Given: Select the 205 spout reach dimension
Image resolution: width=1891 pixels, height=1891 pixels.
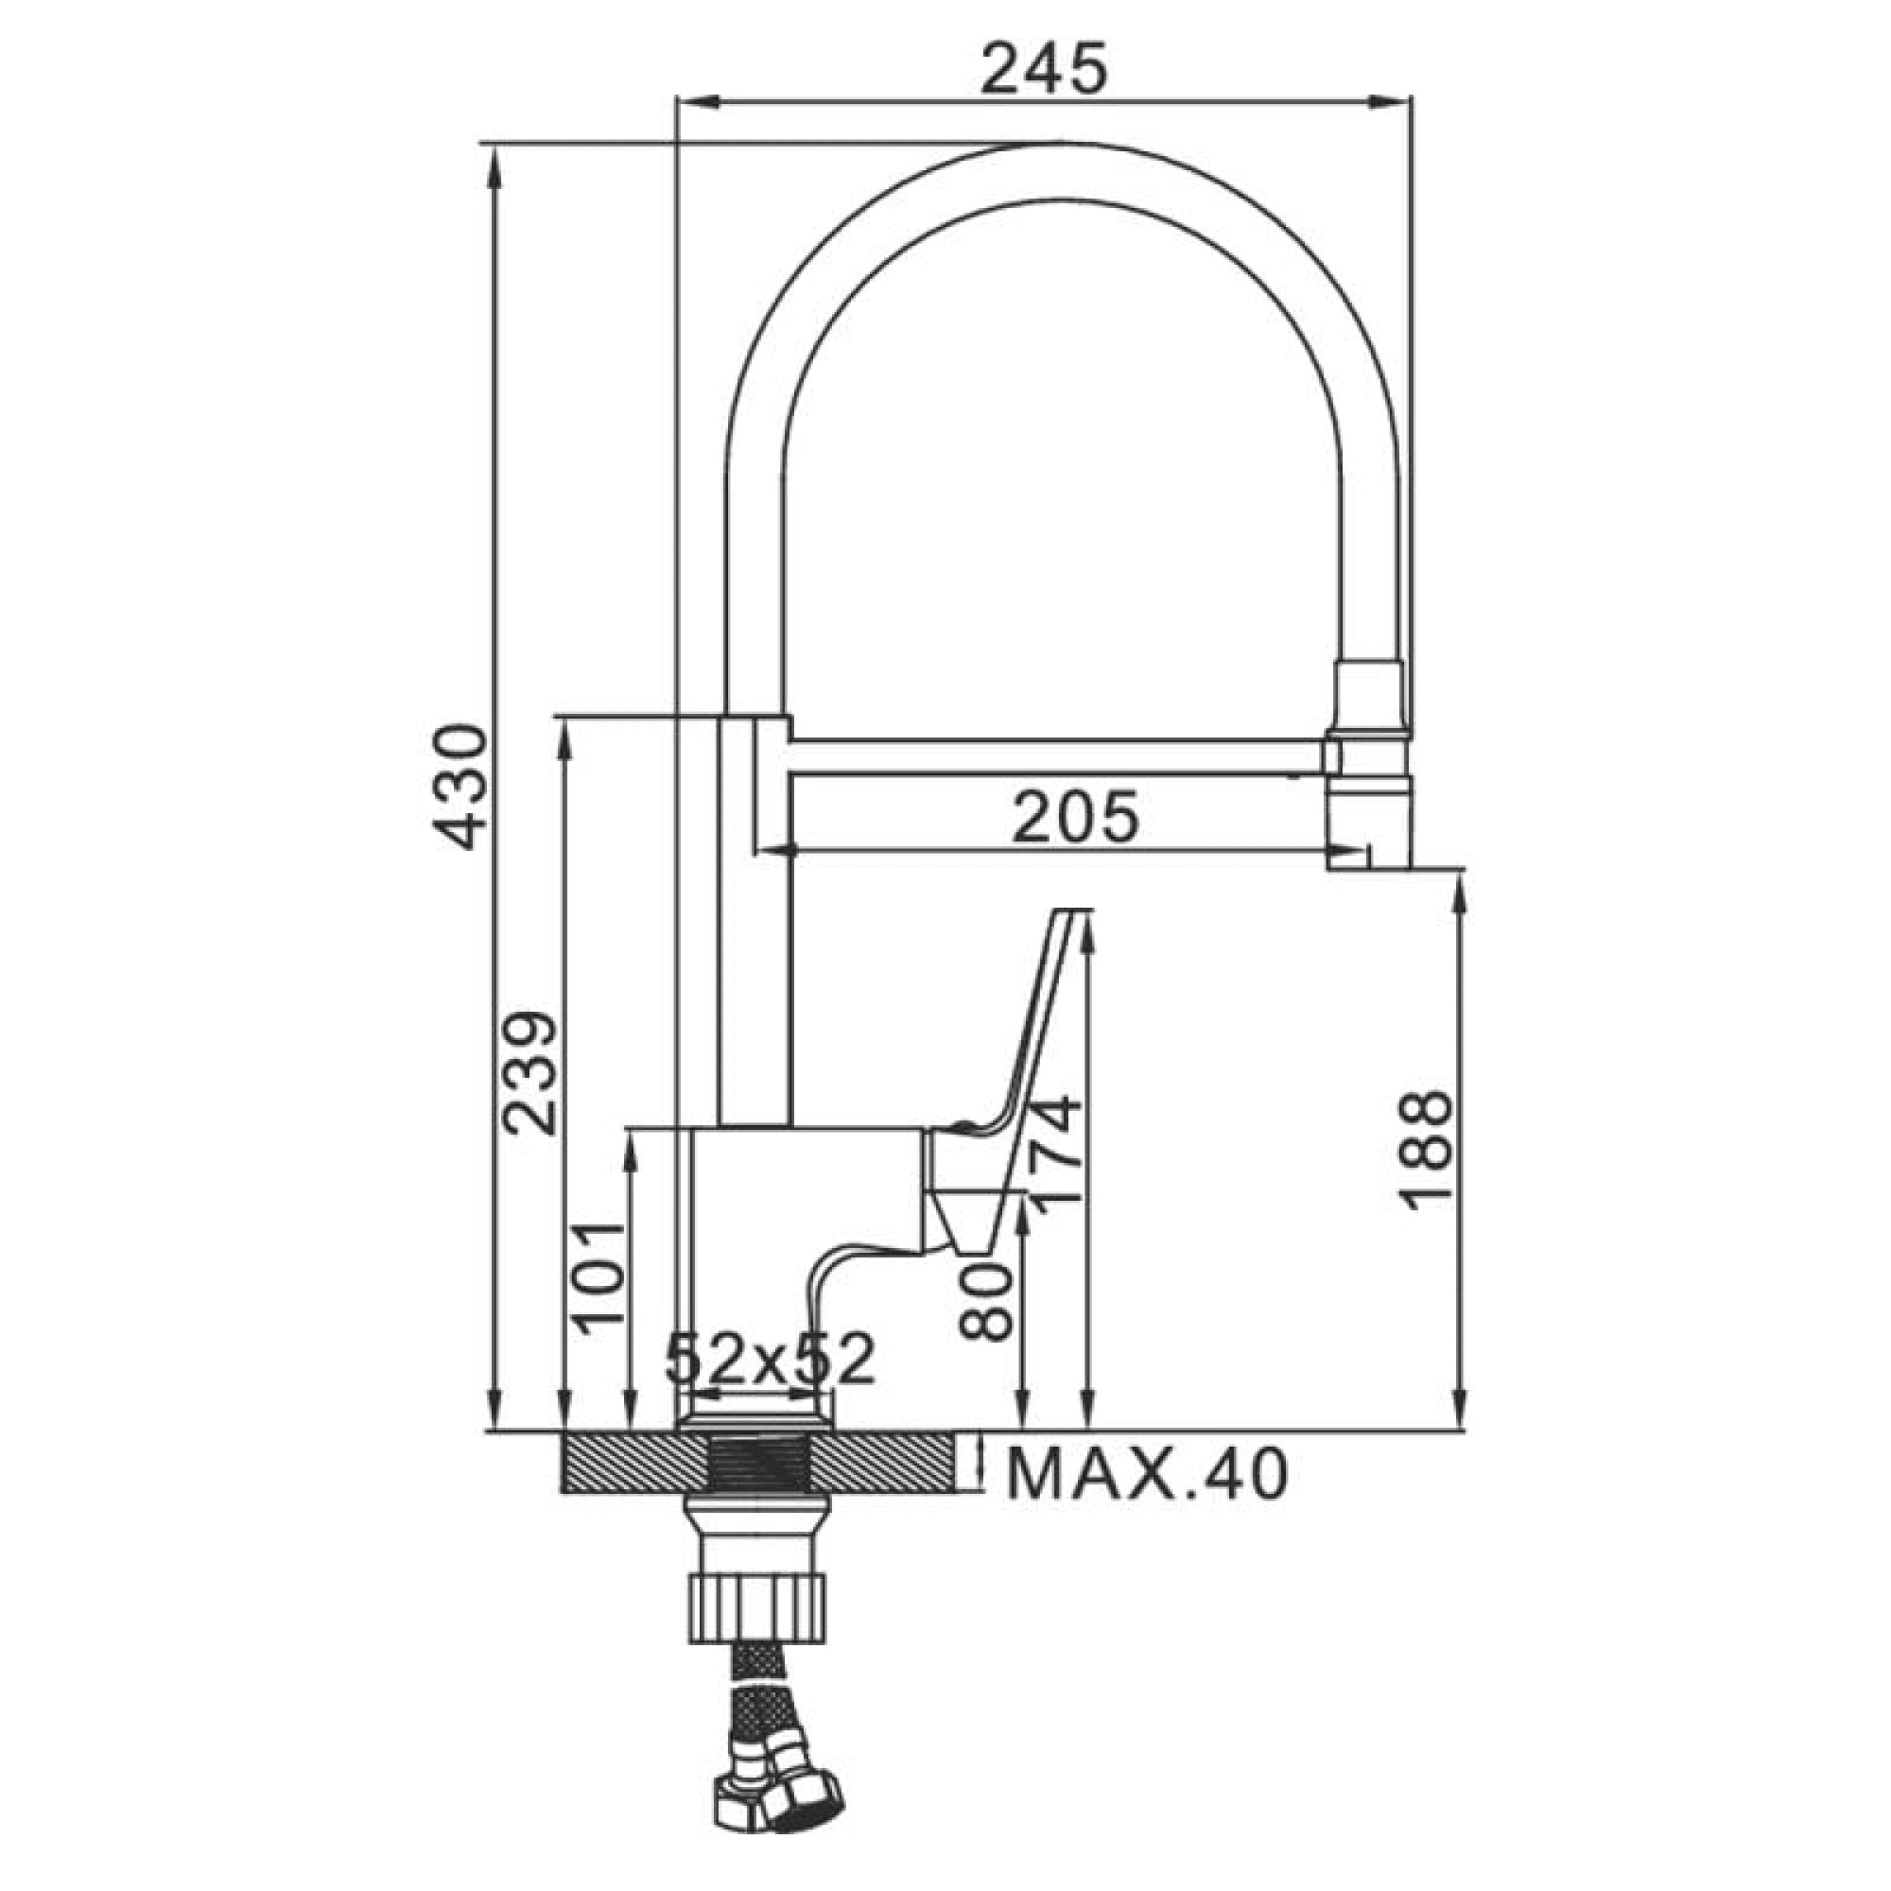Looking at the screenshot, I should click(x=1076, y=817).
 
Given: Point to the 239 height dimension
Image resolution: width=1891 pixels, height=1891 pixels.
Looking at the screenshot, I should click(x=529, y=1073).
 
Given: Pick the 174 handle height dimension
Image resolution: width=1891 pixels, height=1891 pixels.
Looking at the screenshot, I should click(x=1056, y=1156).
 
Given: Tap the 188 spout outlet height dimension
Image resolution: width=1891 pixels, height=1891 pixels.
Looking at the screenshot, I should click(x=1425, y=1150).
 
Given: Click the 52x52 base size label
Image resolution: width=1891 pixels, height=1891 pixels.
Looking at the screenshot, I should click(x=770, y=1359).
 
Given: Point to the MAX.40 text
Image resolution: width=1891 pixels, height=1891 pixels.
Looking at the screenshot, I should click(x=1147, y=1476).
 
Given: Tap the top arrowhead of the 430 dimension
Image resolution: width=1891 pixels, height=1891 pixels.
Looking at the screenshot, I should click(x=494, y=166).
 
